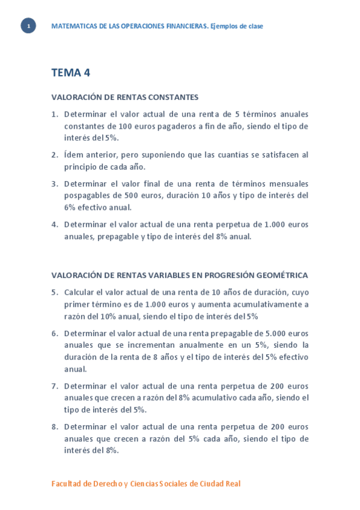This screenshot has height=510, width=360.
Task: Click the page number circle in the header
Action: (x=28, y=26)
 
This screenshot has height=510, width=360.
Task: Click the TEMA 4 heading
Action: (x=70, y=73)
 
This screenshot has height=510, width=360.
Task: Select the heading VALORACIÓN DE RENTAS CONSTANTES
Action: (x=124, y=97)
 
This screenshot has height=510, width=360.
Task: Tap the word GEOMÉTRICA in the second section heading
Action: (x=281, y=275)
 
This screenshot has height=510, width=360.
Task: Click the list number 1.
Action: (x=54, y=114)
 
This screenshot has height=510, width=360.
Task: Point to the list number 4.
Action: (x=54, y=225)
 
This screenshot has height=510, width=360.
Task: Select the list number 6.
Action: (x=54, y=333)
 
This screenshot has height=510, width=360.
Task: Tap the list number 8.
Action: (x=54, y=427)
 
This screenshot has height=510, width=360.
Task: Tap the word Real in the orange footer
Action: (x=233, y=484)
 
